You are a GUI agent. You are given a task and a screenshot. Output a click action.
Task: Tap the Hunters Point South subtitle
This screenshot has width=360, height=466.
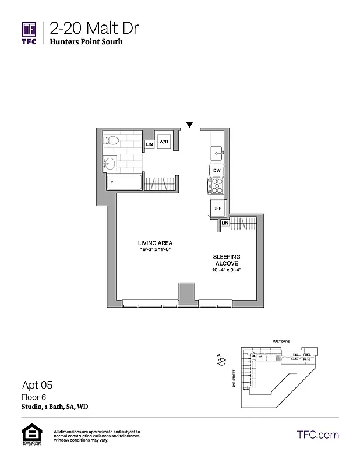tap(86, 42)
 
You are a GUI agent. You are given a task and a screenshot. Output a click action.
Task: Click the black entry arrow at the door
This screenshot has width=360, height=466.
tap(189, 124)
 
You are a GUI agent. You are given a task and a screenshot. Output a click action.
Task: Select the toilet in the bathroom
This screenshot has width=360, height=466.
tap(112, 140)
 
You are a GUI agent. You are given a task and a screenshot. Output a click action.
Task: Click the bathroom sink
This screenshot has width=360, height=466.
tap(110, 163)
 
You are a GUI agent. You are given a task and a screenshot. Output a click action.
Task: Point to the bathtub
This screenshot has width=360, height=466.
tap(124, 183)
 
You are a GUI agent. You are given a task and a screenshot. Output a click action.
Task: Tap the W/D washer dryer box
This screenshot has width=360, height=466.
tap(164, 142)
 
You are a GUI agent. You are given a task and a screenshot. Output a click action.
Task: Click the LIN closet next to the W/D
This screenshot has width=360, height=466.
tap(149, 143)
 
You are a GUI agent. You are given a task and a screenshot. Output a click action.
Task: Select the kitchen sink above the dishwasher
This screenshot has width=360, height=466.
tap(217, 153)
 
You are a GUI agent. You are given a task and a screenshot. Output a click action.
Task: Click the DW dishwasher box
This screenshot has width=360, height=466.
tap(217, 170)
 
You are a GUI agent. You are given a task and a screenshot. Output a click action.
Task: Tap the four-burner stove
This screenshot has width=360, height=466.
tap(217, 186)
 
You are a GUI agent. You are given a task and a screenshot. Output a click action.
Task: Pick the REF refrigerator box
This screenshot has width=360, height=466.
tap(217, 208)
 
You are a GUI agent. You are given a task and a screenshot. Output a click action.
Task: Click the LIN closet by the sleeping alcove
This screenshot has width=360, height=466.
tap(224, 223)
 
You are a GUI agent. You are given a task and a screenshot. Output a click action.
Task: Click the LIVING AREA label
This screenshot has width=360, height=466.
tap(155, 243)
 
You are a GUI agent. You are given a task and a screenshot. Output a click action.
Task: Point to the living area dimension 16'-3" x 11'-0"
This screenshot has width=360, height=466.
tap(155, 250)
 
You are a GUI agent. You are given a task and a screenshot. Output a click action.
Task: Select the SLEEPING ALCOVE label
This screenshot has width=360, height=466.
tap(227, 260)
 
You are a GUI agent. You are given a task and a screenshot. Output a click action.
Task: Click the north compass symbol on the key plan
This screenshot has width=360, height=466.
tap(221, 362)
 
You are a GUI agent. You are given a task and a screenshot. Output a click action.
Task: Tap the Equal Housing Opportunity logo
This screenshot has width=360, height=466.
tap(30, 435)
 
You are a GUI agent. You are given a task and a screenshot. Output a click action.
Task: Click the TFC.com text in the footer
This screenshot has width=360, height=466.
tap(317, 435)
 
